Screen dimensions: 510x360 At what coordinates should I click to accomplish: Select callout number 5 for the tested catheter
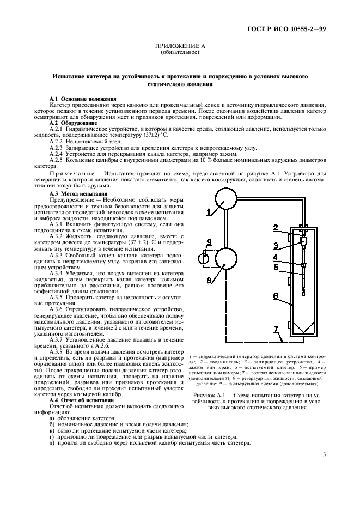coord(276,268)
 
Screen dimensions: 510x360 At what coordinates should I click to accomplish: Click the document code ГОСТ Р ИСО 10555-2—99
coord(294,29)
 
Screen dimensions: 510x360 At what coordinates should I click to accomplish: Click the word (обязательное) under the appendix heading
coord(180,53)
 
